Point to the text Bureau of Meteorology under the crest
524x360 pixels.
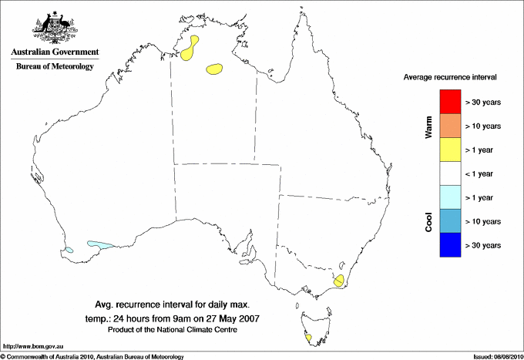[x=55, y=67]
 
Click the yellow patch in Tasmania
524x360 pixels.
[x=308, y=338]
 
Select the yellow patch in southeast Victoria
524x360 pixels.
[x=338, y=279]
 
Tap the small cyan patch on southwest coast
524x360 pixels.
[x=69, y=250]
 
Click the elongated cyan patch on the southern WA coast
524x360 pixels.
[x=100, y=245]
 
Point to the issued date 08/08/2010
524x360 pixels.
[x=497, y=356]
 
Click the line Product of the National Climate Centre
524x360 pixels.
[x=172, y=330]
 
